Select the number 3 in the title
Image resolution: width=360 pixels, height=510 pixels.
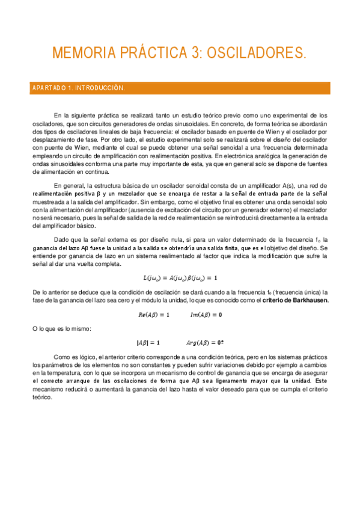pos(195,54)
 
